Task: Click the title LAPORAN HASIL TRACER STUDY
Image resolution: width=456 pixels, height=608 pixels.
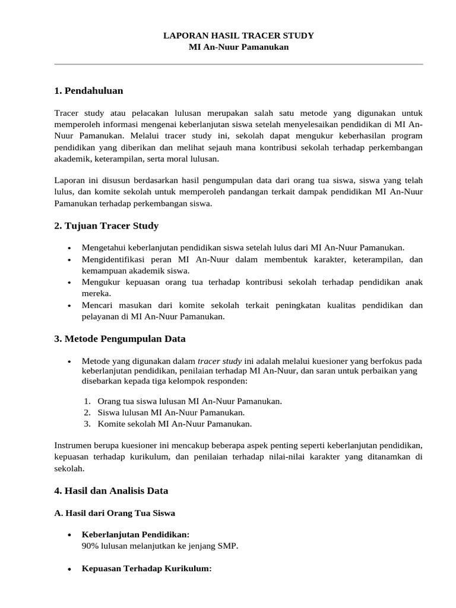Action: (238, 36)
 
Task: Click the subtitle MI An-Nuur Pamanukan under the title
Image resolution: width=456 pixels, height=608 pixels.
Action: (238, 47)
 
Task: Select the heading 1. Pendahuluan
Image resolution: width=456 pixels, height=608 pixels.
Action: (88, 91)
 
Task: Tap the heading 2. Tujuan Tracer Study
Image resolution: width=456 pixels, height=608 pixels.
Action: (106, 226)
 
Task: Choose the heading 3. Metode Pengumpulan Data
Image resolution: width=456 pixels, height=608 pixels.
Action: (120, 339)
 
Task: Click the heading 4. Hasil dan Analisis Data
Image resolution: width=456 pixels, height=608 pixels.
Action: (111, 491)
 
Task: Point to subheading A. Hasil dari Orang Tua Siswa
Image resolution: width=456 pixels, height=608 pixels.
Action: (115, 513)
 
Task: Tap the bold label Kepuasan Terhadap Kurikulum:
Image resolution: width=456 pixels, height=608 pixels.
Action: (147, 569)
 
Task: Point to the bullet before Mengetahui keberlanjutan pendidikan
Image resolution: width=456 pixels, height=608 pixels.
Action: (70, 248)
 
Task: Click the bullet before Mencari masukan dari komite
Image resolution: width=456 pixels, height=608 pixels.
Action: (70, 306)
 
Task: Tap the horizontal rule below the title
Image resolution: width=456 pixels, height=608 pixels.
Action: (238, 64)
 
